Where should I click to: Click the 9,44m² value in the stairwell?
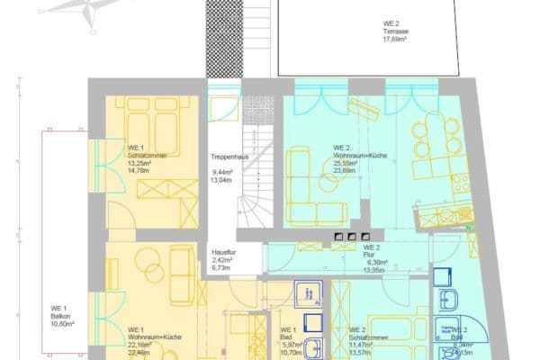coord(222,172)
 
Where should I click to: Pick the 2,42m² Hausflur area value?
coord(221,260)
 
